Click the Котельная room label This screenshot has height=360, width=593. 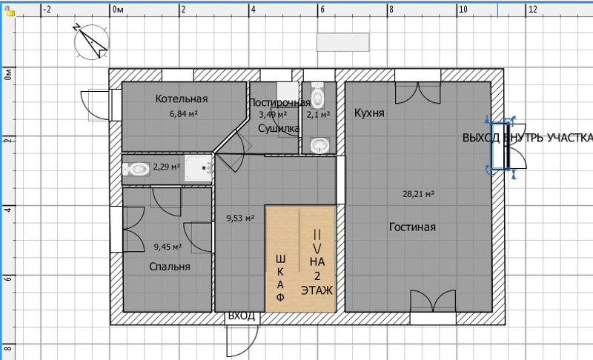pos(182,99)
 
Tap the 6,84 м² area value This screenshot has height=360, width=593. pos(184,114)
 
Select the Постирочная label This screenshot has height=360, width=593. pos(280,102)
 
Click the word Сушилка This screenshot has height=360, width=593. pos(279,128)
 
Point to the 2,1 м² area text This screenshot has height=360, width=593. pos(318,114)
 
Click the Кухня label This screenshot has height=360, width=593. pos(369,113)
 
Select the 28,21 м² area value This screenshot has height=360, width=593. pos(418,194)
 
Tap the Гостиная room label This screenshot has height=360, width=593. pos(412,227)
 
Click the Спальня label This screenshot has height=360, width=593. pos(170,267)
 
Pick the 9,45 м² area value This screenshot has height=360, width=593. pos(168,247)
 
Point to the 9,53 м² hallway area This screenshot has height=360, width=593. pos(240,218)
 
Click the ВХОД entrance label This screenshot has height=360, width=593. pos(242,316)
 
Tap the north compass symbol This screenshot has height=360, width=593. pos(91,41)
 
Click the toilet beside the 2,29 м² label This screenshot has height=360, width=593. pos(136,169)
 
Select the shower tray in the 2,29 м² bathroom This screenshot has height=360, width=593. pos(198,168)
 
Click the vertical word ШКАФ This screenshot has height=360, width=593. pos(280,278)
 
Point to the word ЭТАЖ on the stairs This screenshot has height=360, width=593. pos(317,290)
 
